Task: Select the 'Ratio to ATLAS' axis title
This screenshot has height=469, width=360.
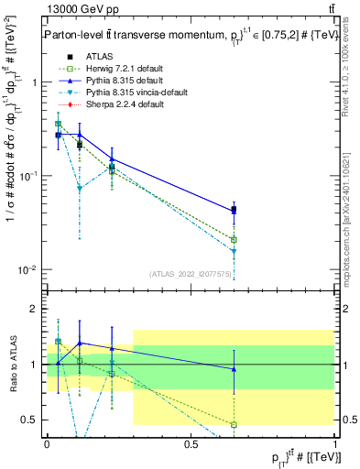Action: (11, 364)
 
